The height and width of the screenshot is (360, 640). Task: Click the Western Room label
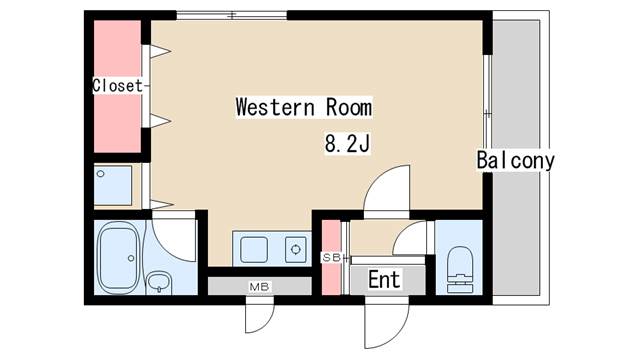coord(304,107)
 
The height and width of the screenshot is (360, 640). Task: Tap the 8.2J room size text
coord(347,144)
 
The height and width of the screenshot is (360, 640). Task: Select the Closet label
coord(118,86)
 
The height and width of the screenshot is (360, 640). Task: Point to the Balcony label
coord(516,160)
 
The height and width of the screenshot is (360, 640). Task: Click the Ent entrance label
coord(384,280)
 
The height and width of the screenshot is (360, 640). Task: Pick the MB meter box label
coord(259,287)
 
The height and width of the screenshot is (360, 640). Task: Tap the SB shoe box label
coord(331,258)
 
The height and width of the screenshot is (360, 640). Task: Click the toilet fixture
coord(460,269)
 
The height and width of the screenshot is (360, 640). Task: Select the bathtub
coord(118,258)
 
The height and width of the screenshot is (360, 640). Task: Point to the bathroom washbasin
coord(159,282)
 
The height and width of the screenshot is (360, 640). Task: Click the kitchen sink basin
coord(254,249)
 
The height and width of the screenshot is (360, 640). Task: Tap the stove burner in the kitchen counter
coord(296,249)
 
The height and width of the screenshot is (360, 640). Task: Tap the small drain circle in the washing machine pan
coord(100,174)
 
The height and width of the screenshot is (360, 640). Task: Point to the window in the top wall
coord(232,16)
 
